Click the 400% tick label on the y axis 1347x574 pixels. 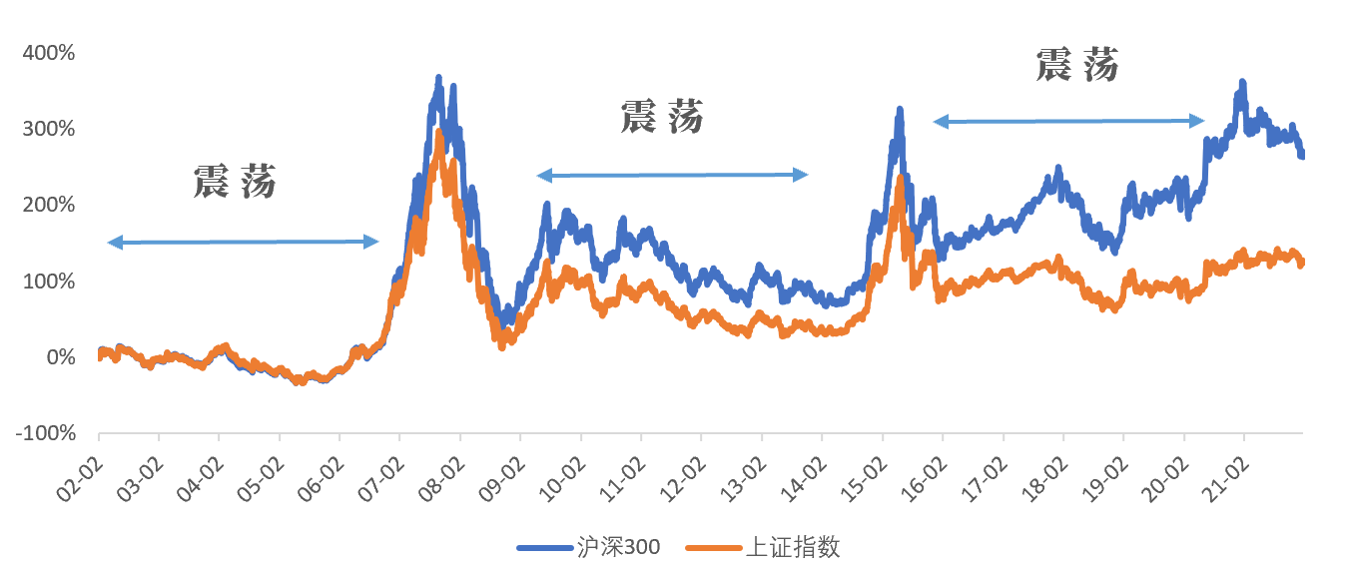point(49,53)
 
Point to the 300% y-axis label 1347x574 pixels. point(49,129)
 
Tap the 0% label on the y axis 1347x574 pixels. point(61,357)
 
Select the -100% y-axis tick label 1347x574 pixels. point(46,433)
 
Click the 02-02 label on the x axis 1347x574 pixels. point(80,479)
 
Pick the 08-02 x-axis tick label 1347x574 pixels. point(442,479)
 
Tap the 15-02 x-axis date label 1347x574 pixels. point(864,479)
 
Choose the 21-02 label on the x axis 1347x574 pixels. point(1225,479)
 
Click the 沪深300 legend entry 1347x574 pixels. point(588,547)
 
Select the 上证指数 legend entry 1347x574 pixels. point(763,547)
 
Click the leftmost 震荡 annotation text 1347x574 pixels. point(235,181)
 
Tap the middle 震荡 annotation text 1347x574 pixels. point(662,117)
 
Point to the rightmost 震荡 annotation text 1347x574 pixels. point(1077,64)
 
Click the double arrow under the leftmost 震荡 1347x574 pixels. point(243,243)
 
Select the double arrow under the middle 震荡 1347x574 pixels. point(672,175)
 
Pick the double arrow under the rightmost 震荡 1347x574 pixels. point(1068,122)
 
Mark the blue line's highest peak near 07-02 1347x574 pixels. point(438,78)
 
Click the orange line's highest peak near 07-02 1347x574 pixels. point(439,132)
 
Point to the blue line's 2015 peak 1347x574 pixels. point(900,110)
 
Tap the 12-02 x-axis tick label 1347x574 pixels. point(683,479)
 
